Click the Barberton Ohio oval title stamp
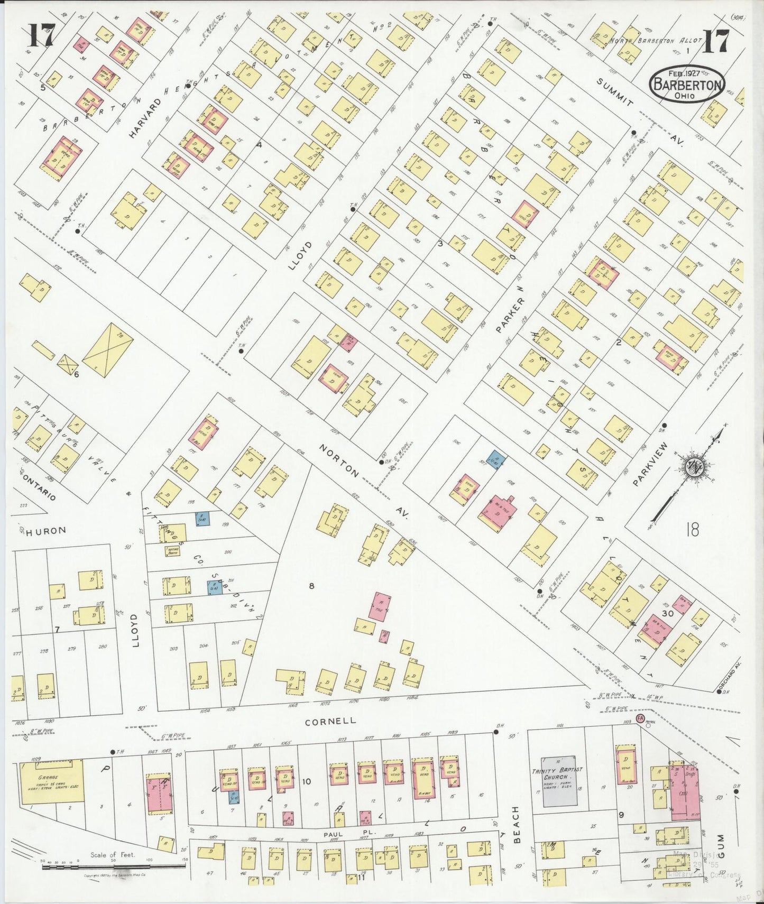coord(687,84)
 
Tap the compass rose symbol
coord(692,466)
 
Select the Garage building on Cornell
coord(52,781)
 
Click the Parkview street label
coord(650,464)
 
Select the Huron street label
coord(47,530)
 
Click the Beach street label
coord(517,825)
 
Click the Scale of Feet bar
coord(114,866)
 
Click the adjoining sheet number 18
coord(692,529)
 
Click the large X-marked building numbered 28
coord(107,350)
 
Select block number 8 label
coord(311,585)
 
